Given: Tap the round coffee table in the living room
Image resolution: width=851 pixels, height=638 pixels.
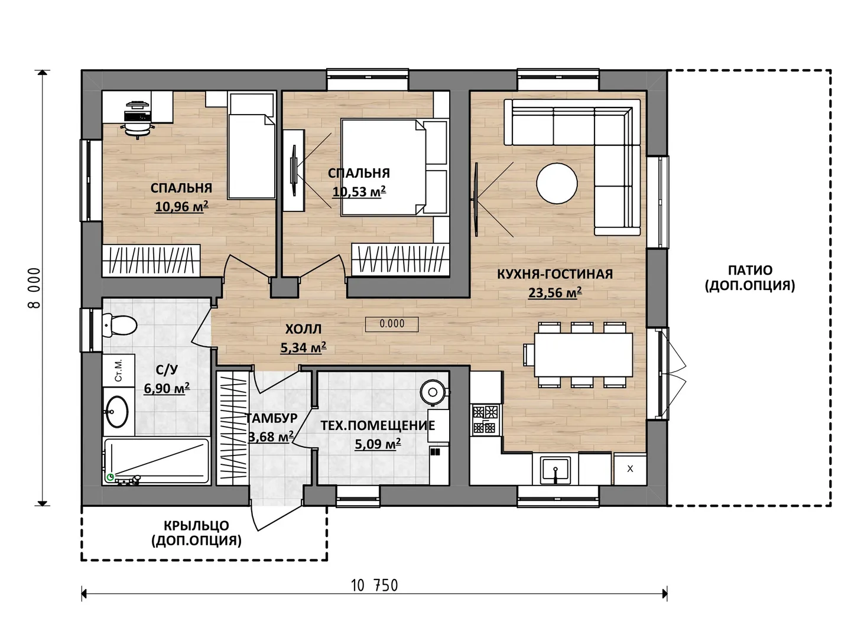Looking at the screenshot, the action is click(556, 183).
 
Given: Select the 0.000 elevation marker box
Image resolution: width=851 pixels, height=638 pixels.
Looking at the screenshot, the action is click(392, 324).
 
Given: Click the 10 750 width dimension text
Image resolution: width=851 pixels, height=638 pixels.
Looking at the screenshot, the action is click(374, 585).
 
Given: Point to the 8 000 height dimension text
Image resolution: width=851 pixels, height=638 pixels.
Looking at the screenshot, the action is click(34, 288).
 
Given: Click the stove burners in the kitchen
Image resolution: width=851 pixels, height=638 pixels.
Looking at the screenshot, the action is click(486, 419).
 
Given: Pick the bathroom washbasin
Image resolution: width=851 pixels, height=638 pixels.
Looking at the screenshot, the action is click(117, 411).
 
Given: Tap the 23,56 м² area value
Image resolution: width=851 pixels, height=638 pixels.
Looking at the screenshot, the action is click(554, 292).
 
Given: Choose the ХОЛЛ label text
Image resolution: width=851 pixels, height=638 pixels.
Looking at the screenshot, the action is click(303, 329).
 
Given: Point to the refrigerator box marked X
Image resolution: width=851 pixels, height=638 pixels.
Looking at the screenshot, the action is click(630, 470).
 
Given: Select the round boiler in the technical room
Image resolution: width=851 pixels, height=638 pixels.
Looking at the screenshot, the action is click(433, 392).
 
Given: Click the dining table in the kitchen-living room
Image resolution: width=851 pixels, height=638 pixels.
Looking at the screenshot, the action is click(583, 354).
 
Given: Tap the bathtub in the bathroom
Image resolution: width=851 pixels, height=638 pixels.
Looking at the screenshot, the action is click(157, 461).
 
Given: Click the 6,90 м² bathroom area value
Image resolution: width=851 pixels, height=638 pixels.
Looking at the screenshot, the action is click(167, 388).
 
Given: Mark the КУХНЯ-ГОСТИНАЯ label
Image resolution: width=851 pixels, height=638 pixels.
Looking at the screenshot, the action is click(555, 274).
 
